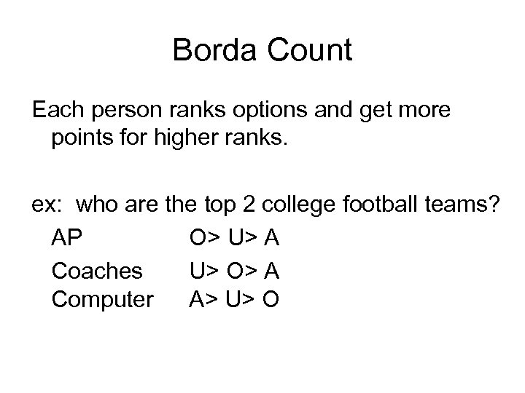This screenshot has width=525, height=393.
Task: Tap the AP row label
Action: (x=68, y=238)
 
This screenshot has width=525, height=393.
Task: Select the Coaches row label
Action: (x=97, y=269)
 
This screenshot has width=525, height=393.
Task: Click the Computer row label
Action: (x=103, y=300)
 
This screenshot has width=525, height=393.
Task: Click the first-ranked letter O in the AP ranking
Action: (x=198, y=238)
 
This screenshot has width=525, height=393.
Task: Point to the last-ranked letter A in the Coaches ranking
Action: (x=271, y=269)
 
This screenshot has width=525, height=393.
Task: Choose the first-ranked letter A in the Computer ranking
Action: (x=197, y=300)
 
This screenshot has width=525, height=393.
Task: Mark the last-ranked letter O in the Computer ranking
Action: (x=271, y=300)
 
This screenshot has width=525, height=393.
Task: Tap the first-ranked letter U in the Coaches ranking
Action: (x=197, y=269)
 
